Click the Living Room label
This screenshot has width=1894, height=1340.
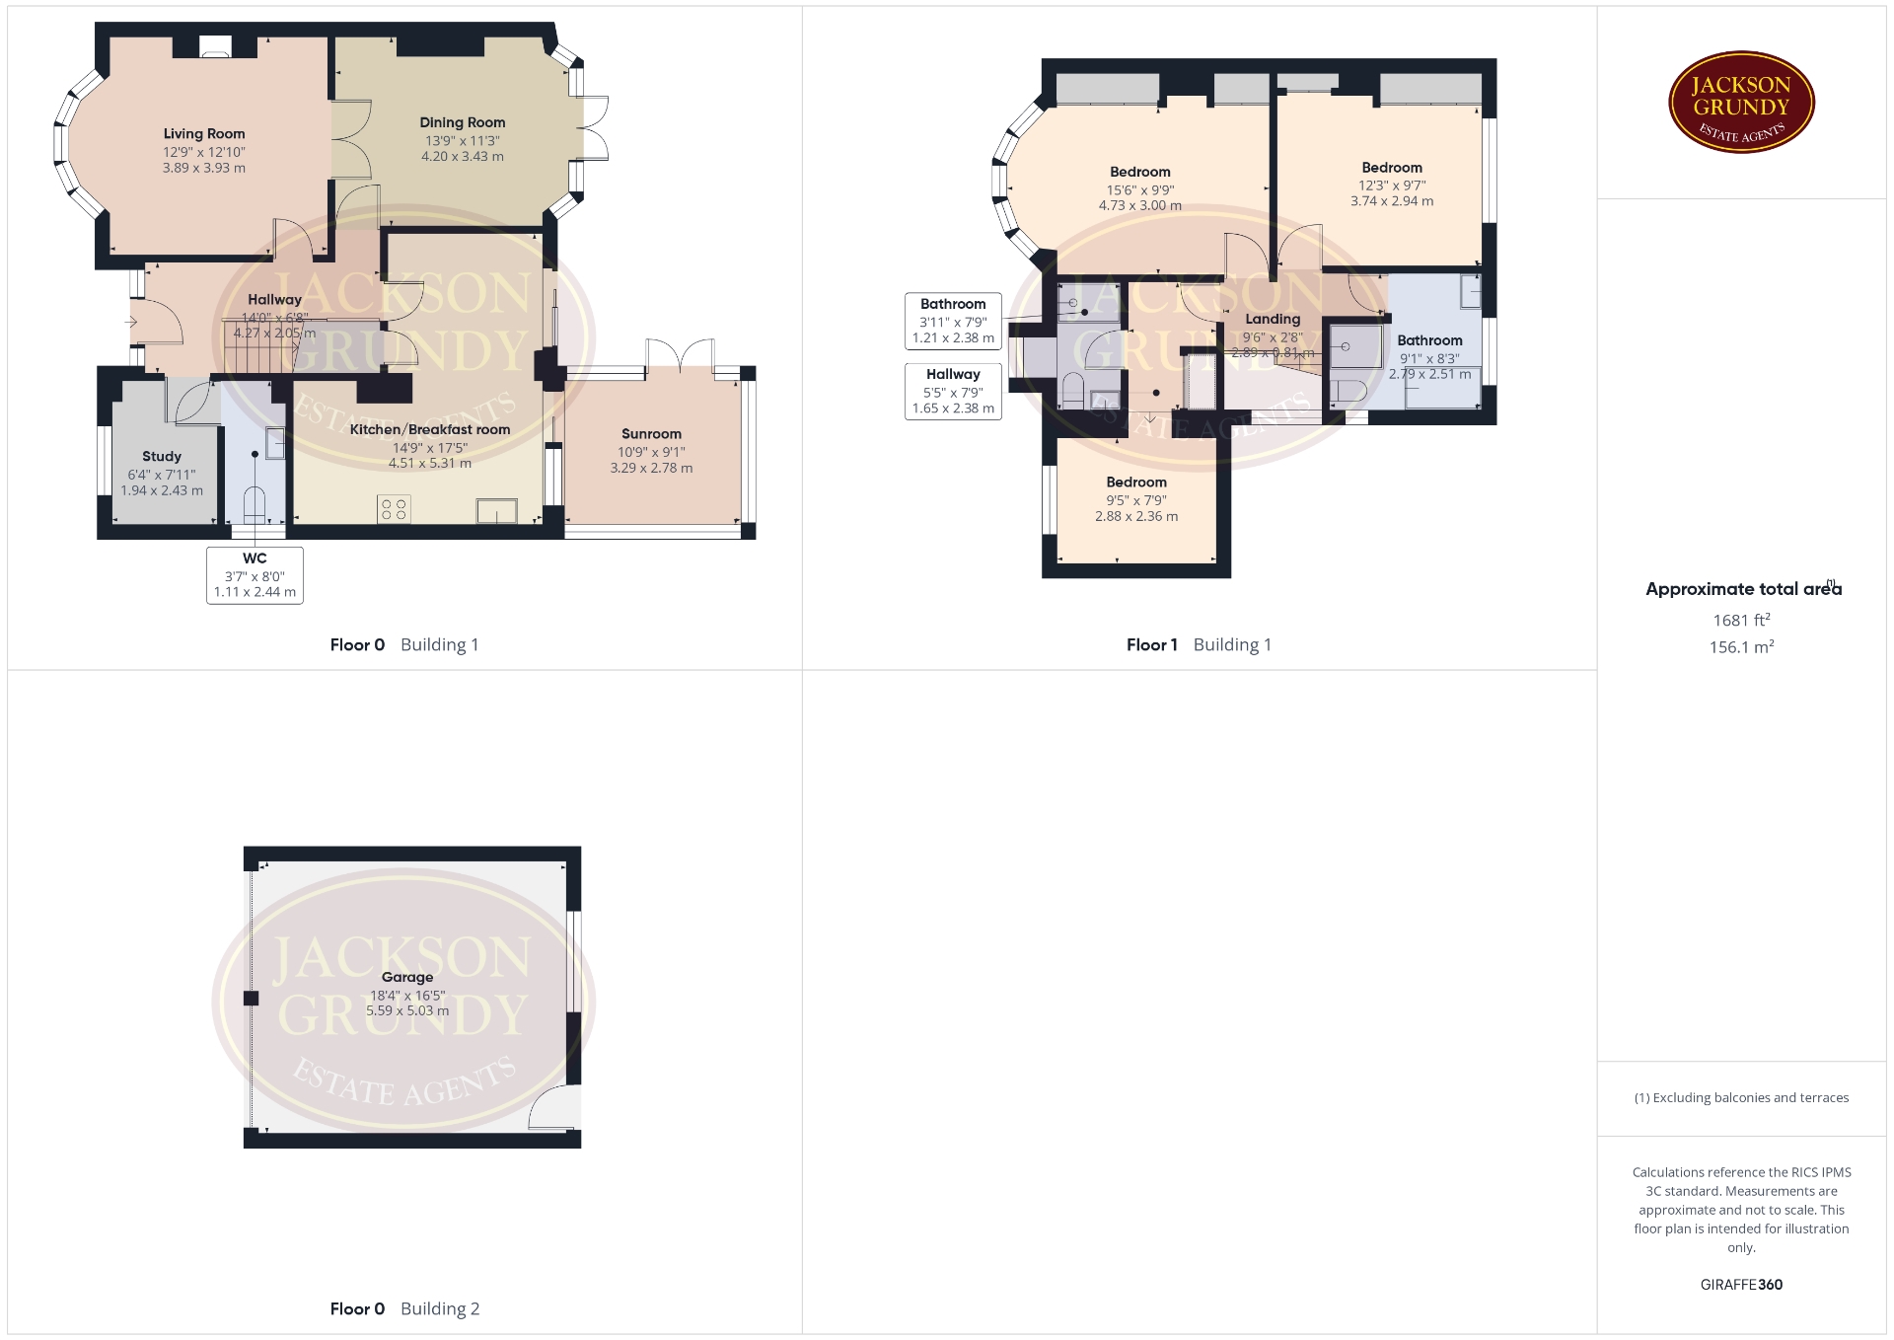point(204,134)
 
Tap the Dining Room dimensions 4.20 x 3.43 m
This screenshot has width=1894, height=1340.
point(463,156)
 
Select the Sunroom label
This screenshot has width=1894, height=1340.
point(651,434)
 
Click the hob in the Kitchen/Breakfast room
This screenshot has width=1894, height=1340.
point(394,509)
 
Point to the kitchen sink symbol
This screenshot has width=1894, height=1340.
point(497,511)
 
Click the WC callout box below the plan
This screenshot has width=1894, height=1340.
point(255,575)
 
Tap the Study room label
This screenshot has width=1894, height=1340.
point(162,457)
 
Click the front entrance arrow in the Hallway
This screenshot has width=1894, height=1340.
point(131,322)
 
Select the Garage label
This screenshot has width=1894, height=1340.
point(407,977)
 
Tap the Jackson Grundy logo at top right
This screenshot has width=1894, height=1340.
point(1741,102)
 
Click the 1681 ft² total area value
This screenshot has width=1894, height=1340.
point(1741,620)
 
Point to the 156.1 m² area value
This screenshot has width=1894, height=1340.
point(1741,647)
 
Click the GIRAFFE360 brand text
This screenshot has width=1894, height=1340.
point(1741,1285)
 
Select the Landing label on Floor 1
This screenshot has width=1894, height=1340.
point(1273,320)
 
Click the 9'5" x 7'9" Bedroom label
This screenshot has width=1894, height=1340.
point(1136,499)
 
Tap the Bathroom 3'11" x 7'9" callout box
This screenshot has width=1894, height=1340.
point(953,321)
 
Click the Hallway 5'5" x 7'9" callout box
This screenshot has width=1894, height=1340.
point(953,391)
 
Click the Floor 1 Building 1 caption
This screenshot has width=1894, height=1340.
point(1199,645)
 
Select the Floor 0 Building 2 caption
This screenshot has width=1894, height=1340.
point(404,1309)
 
